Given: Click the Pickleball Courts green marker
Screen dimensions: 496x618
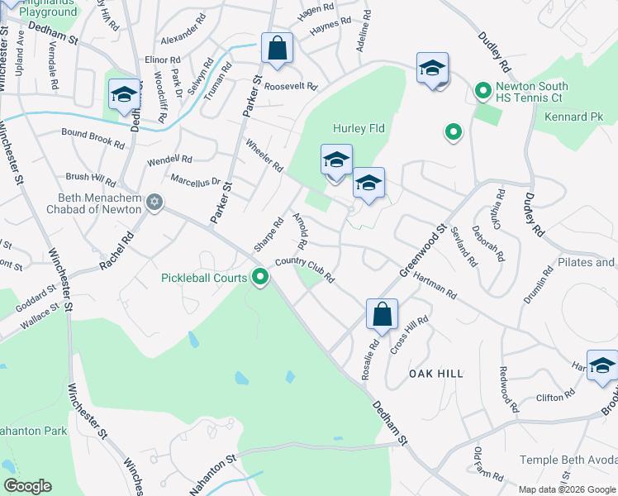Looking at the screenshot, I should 260,278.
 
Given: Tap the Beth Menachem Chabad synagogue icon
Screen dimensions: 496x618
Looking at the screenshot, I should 154,203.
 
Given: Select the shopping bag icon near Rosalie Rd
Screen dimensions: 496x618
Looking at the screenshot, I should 382,315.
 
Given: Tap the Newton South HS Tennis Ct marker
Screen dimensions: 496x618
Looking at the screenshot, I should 482,91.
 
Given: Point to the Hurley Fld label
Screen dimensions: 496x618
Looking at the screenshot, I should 359,129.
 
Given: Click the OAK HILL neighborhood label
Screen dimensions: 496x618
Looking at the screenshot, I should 436,374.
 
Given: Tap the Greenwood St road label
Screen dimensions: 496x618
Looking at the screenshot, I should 423,250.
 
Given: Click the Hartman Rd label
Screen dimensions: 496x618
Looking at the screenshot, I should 435,287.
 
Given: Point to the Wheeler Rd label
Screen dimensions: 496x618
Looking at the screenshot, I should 264,155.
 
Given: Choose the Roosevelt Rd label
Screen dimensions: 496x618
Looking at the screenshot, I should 291,86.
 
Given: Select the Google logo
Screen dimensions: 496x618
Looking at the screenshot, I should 27,486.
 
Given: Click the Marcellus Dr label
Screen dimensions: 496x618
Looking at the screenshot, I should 195,180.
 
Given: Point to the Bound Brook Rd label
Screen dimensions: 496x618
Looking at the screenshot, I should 93,137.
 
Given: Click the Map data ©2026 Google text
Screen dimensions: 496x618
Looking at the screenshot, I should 566,489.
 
